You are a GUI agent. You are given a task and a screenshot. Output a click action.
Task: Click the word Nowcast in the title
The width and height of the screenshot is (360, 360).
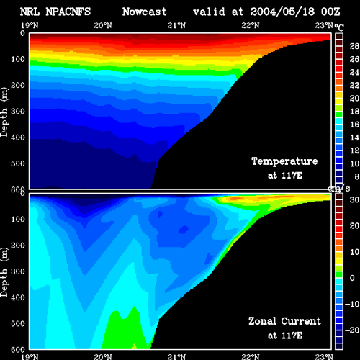(145, 12)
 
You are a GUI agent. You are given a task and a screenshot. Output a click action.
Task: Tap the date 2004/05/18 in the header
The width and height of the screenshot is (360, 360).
(282, 12)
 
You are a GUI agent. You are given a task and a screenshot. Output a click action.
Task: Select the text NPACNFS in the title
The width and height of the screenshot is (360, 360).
(68, 12)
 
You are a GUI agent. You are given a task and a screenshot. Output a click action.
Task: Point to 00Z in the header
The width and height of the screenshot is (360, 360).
(330, 12)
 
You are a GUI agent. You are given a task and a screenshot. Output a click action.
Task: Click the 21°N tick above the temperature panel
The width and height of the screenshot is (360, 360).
(176, 25)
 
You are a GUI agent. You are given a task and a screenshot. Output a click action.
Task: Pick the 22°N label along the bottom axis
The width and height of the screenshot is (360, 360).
(251, 356)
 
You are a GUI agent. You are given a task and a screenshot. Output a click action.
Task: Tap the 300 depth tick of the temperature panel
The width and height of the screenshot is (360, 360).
(18, 112)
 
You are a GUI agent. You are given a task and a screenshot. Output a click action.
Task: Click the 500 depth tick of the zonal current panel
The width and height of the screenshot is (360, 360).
(18, 323)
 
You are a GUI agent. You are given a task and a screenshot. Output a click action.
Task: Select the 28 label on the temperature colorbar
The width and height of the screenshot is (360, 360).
(354, 46)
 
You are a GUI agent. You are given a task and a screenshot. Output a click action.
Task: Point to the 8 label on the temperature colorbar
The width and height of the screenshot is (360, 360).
(357, 176)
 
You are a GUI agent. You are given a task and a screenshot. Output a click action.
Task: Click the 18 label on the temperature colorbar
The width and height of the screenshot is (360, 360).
(354, 112)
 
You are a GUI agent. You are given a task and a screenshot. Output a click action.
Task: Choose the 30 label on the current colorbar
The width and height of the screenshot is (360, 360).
(354, 199)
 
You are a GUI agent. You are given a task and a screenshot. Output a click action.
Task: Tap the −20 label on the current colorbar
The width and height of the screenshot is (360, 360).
(352, 330)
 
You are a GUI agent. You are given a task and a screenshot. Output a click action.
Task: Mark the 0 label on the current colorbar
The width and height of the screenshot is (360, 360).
(352, 278)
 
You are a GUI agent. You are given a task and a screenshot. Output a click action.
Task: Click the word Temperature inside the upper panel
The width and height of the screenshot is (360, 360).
(284, 161)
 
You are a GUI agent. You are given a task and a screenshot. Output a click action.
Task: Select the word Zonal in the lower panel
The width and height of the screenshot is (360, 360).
(262, 321)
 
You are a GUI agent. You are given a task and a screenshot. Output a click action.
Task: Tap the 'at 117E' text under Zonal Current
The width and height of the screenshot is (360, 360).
(285, 336)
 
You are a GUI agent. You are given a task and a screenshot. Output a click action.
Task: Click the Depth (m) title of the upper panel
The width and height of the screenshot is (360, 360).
(4, 112)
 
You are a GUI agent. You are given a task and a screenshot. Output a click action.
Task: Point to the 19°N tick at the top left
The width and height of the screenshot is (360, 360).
(30, 25)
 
